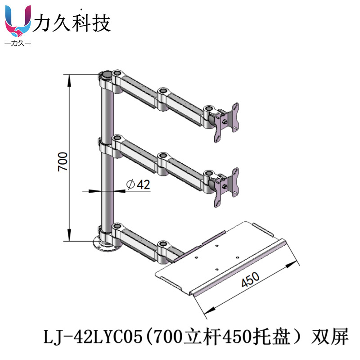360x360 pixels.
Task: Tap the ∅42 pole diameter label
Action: coord(138,184)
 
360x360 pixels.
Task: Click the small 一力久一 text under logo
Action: coord(18,44)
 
